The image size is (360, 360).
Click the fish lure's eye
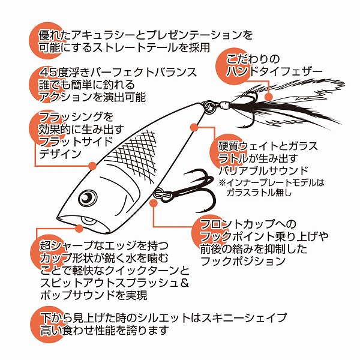tap(88, 198)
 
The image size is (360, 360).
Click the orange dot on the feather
tap(269, 97)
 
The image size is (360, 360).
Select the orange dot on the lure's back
tap(92, 166)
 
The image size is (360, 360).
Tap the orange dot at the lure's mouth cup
tap(79, 229)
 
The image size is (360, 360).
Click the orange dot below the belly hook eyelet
tap(154, 203)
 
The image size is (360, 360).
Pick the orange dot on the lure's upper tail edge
tap(194, 128)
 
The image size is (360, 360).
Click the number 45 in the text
tap(48, 73)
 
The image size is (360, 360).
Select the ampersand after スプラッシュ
tap(184, 284)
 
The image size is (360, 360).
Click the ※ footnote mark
tap(223, 183)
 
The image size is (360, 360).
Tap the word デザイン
tap(59, 154)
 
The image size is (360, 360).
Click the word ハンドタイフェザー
tap(274, 71)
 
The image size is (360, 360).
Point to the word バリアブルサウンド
tap(263, 170)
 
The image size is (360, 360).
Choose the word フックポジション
tap(243, 261)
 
